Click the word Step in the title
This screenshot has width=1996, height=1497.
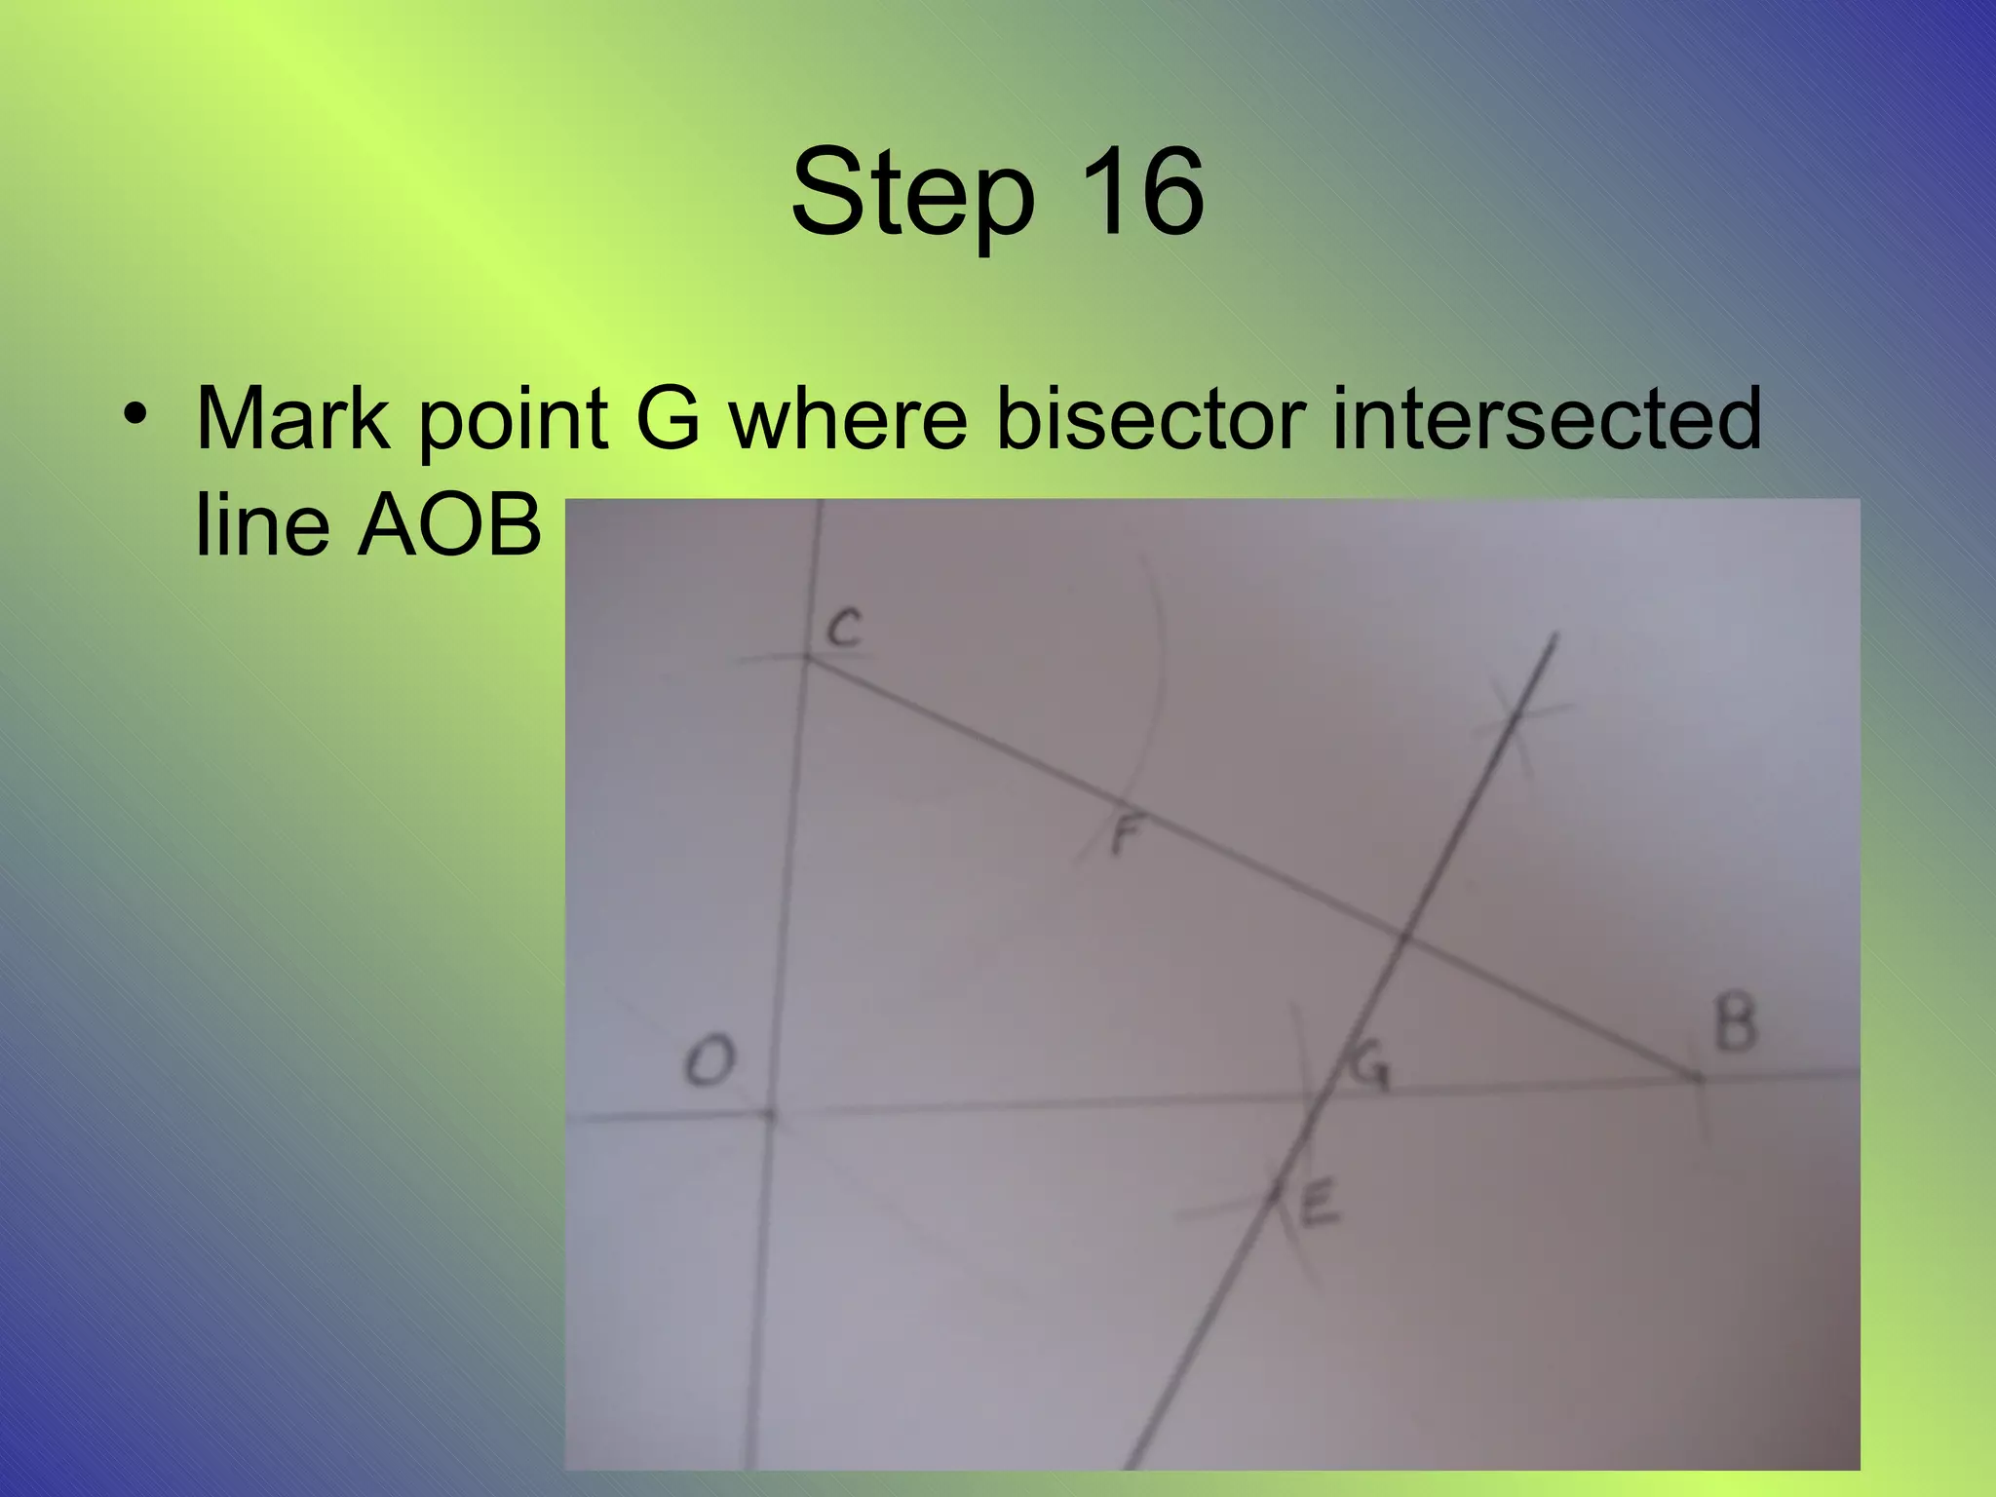click(912, 194)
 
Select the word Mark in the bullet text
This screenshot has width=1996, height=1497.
click(291, 419)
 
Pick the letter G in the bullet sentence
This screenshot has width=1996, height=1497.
click(668, 419)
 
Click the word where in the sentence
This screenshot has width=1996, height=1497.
click(849, 419)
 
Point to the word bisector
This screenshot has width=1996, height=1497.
click(1150, 419)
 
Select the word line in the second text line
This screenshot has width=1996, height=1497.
click(262, 524)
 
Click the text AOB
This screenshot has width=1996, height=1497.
click(449, 524)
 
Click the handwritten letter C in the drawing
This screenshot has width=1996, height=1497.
click(845, 628)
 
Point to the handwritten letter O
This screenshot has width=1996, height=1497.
click(709, 1060)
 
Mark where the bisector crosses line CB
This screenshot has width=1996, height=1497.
click(1403, 939)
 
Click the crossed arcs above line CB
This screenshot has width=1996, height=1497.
click(1516, 714)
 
